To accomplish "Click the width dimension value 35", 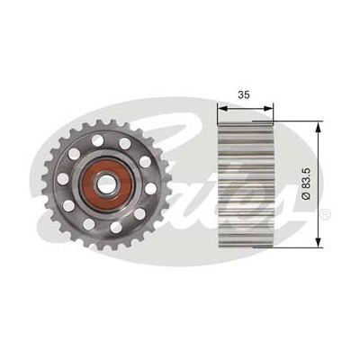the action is (244, 94).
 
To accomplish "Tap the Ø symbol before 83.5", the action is (306, 196).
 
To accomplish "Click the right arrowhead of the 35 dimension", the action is (269, 109).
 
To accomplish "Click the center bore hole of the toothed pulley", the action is (106, 184).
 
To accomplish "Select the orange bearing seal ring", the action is (106, 184).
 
